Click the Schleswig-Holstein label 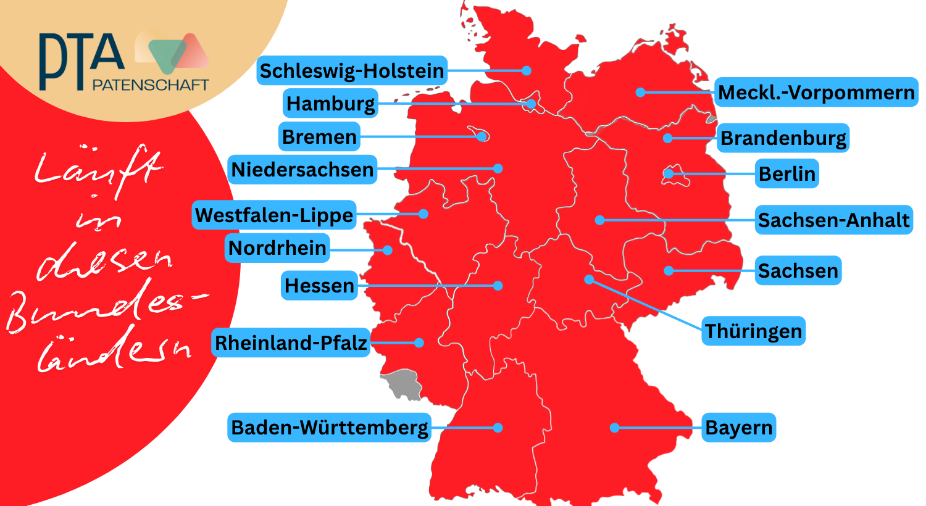[351, 71]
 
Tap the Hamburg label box [330, 104]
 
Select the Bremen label [319, 136]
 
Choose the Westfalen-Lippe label [274, 215]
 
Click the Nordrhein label [277, 248]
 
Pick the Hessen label [319, 286]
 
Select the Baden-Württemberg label [329, 428]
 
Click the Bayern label [738, 428]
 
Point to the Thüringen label [753, 331]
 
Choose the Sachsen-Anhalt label [833, 220]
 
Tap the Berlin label [786, 174]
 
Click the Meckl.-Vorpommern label [816, 93]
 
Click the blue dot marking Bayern [614, 428]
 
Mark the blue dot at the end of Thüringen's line [589, 280]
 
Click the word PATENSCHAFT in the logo [151, 85]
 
